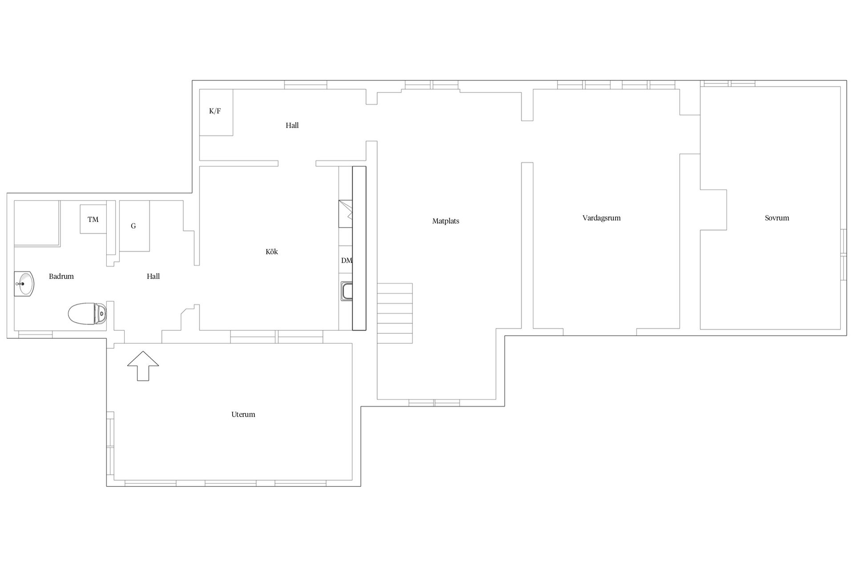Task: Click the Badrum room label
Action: coord(61,276)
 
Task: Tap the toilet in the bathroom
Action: coord(88,313)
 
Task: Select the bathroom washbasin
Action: coord(24,284)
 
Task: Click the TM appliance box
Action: coord(93,219)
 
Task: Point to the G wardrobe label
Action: coord(133,226)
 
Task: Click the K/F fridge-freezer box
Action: coord(216,112)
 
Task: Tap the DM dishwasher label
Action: coord(346,260)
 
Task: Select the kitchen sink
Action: coord(347,291)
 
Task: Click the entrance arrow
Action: coord(143,366)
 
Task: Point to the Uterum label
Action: coord(243,415)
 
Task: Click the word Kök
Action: coord(272,252)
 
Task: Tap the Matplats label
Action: coord(446,221)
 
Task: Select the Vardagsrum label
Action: coord(601,218)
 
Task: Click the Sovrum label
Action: coord(777,218)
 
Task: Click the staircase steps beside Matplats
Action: coord(395,313)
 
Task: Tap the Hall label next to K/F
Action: coord(292,125)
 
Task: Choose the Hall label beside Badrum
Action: coord(153,276)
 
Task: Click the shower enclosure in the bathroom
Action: coord(37,223)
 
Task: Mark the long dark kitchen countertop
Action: coord(359,248)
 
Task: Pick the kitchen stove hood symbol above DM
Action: coord(346,214)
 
